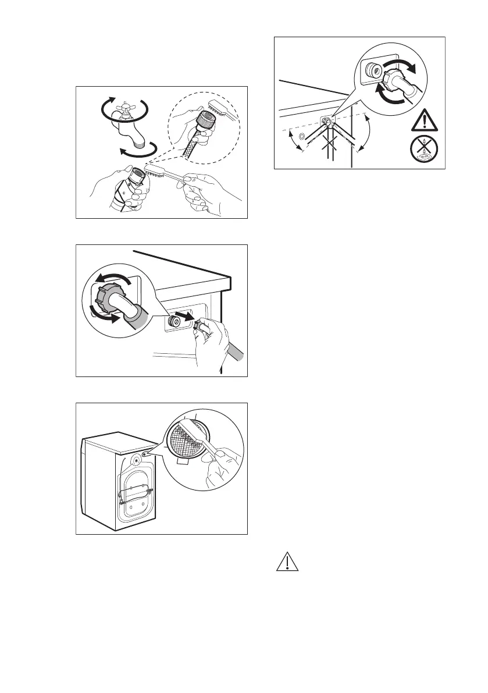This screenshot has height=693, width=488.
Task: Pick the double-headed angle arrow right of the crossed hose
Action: point(366,133)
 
